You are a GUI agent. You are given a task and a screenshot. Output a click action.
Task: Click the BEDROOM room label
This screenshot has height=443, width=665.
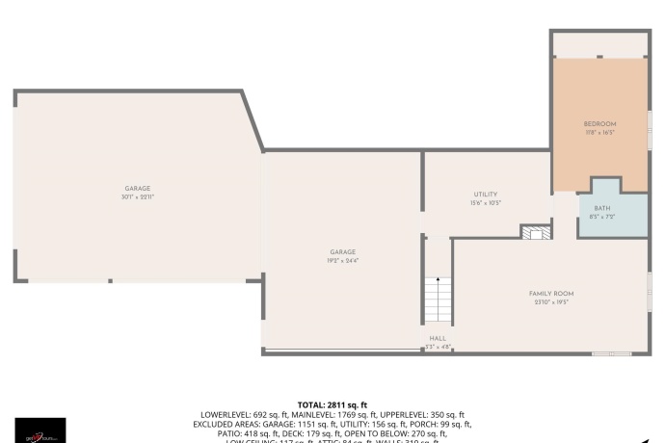(599, 124)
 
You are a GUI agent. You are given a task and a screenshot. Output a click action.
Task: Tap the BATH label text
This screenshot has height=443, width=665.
(601, 209)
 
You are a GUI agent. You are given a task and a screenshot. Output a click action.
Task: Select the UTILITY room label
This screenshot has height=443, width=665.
(485, 195)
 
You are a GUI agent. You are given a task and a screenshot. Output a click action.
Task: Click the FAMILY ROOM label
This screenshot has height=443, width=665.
(550, 293)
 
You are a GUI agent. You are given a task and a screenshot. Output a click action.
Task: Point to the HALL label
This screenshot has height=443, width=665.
(438, 338)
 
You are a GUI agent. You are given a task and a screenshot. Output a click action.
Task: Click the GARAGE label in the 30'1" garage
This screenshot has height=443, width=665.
(137, 189)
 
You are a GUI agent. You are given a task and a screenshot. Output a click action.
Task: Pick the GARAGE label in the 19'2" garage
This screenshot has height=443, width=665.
(342, 251)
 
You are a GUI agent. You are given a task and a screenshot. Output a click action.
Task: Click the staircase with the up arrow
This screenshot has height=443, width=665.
(438, 300)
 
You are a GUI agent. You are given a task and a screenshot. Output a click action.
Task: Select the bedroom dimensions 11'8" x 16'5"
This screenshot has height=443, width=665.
(599, 133)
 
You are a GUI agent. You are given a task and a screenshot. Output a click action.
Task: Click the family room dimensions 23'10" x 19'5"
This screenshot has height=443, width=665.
(550, 301)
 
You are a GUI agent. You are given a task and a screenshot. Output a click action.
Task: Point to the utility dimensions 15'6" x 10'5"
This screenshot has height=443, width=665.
(485, 203)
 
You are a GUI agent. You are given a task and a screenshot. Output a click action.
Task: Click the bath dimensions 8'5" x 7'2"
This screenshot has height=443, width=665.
(601, 218)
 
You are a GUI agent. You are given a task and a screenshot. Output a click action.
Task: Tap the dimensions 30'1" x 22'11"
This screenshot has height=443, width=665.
(137, 197)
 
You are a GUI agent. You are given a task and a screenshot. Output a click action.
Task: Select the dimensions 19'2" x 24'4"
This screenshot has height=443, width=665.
(342, 260)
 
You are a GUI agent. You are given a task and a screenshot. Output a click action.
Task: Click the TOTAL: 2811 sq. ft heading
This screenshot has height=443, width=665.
(332, 405)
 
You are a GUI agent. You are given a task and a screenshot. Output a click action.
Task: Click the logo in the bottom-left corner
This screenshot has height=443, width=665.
(40, 430)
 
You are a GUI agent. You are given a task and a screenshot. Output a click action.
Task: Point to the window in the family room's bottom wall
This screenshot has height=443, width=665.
(611, 353)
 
